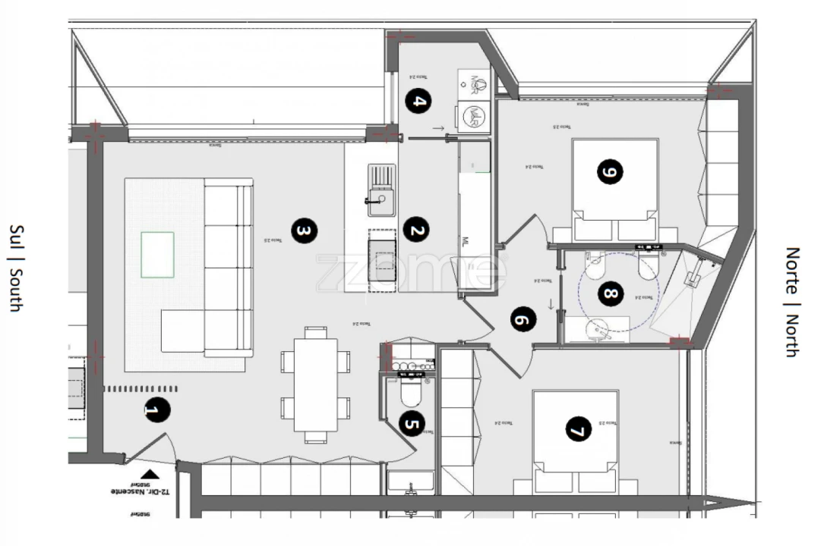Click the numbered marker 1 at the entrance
[155, 411]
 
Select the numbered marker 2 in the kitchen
[414, 230]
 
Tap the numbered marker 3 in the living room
[302, 230]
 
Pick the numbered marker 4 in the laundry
[418, 101]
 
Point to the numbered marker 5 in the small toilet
[411, 425]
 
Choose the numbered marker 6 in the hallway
[522, 321]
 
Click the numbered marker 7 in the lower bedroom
[577, 431]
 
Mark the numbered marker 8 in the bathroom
[609, 293]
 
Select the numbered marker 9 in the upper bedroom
[609, 172]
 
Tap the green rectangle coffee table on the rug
[157, 254]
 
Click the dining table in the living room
[315, 384]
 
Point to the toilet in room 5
[411, 393]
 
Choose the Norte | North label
[791, 301]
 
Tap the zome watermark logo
[411, 271]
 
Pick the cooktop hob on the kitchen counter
[382, 259]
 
